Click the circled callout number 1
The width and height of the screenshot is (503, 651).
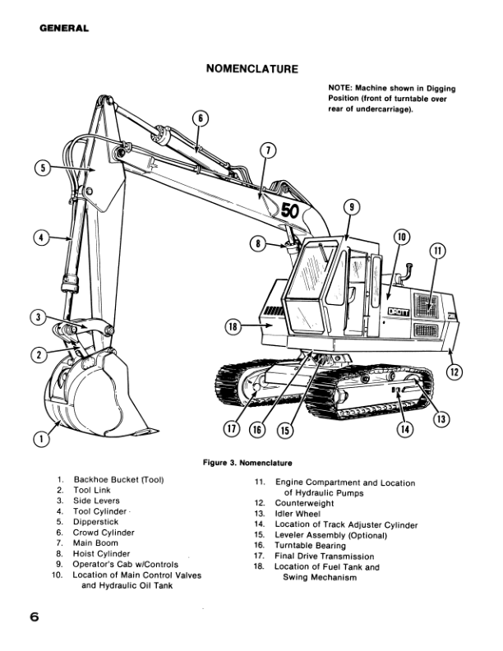(39, 439)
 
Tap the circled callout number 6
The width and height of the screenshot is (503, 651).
(199, 118)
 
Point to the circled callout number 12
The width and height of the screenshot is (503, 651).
(454, 372)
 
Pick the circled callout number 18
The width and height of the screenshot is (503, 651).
(233, 326)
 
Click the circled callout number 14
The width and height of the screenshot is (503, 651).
(404, 427)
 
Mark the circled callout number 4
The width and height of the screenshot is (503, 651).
(39, 238)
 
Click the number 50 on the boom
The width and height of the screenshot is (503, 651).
(291, 210)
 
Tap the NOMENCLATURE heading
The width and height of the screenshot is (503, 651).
(251, 69)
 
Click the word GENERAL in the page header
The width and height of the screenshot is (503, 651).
(63, 30)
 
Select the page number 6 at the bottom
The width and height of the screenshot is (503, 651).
(35, 616)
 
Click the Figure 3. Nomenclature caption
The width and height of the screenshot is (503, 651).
(247, 462)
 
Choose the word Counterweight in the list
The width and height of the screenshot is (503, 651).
(308, 502)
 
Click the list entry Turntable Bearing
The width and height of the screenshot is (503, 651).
(310, 545)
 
